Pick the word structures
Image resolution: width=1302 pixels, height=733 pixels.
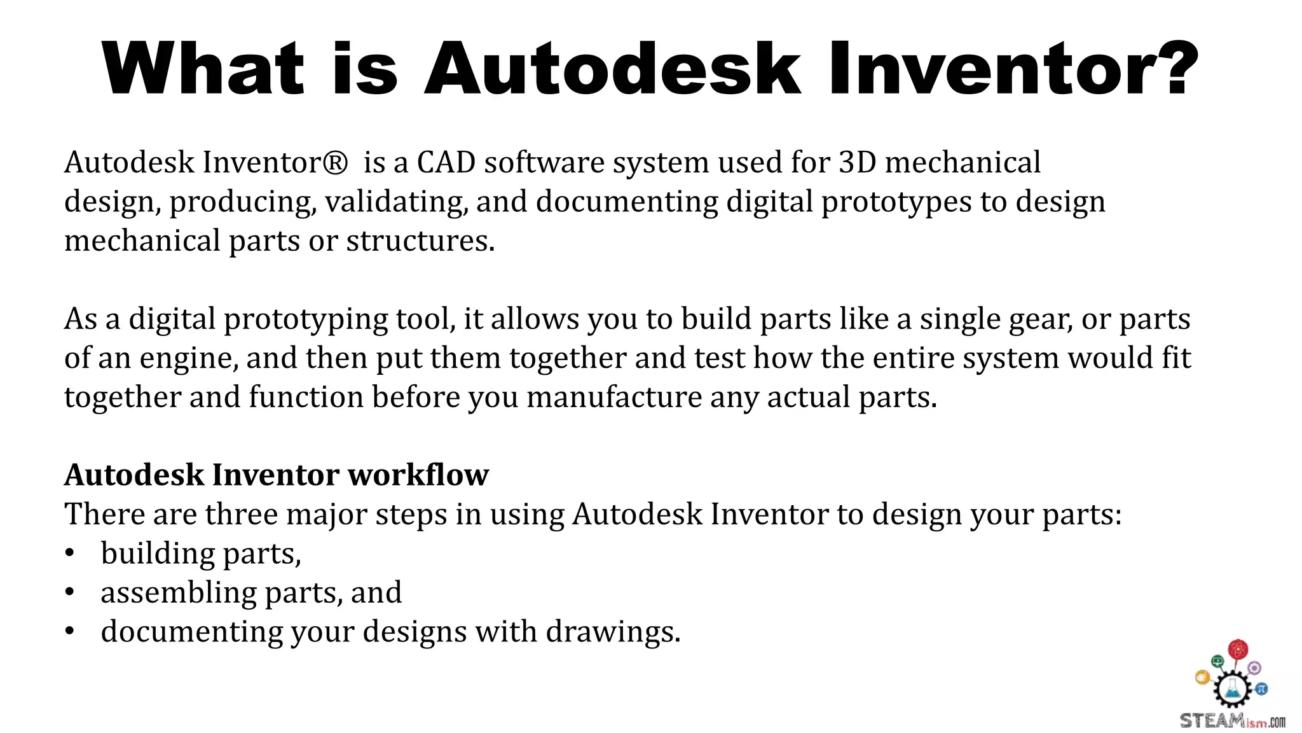[x=420, y=241]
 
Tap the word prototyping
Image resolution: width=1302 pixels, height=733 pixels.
[x=306, y=319]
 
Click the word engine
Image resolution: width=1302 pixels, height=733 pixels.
[x=189, y=359]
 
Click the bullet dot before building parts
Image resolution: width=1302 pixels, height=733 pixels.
[x=70, y=553]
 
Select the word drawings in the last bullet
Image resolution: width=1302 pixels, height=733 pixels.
[x=613, y=632]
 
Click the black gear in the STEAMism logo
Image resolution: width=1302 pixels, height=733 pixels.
[x=1231, y=688]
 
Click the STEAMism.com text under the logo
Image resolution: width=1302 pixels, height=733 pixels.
[x=1232, y=722]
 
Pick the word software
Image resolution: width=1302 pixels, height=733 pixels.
[x=544, y=163]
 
